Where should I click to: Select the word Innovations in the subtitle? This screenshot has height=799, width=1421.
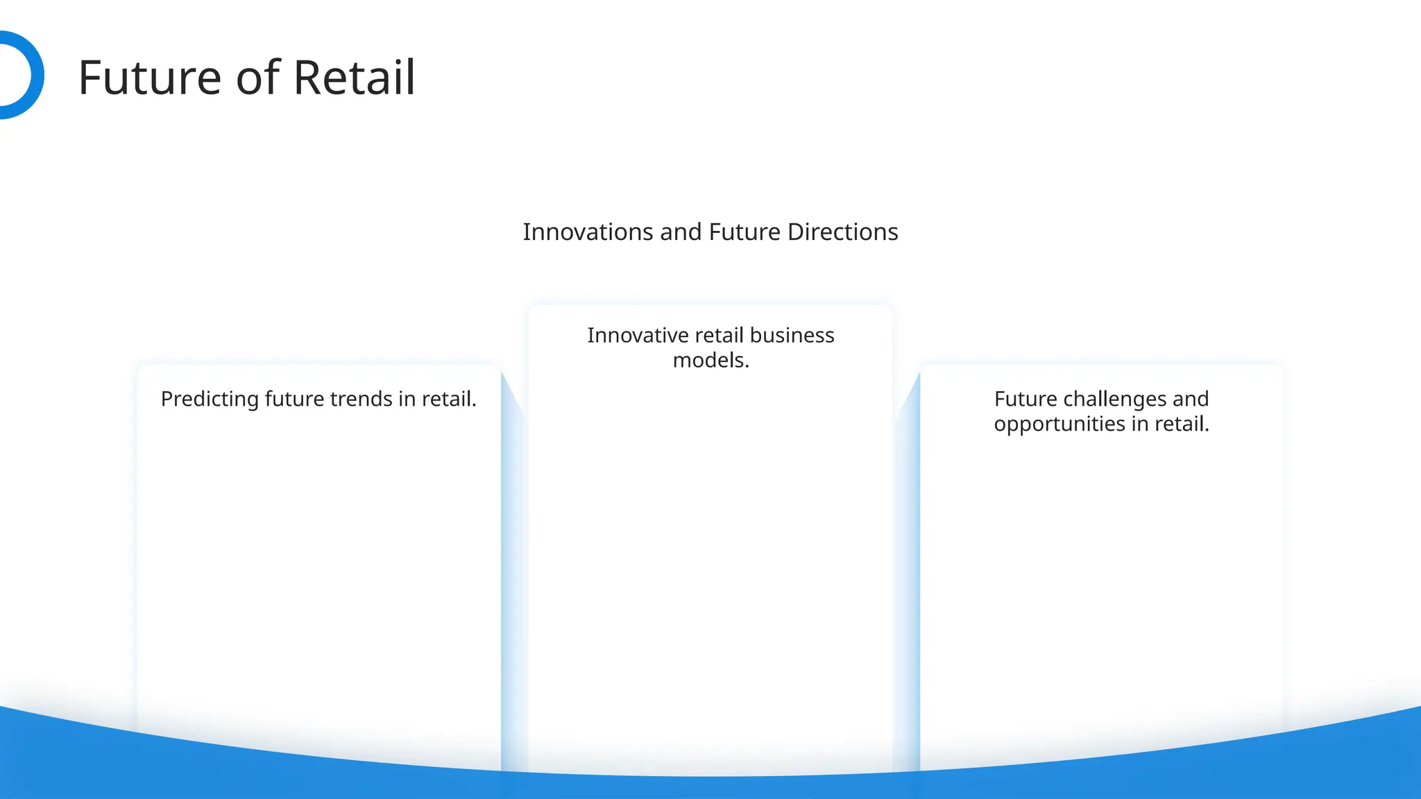coord(588,232)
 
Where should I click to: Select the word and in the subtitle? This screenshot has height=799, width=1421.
coord(681,232)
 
